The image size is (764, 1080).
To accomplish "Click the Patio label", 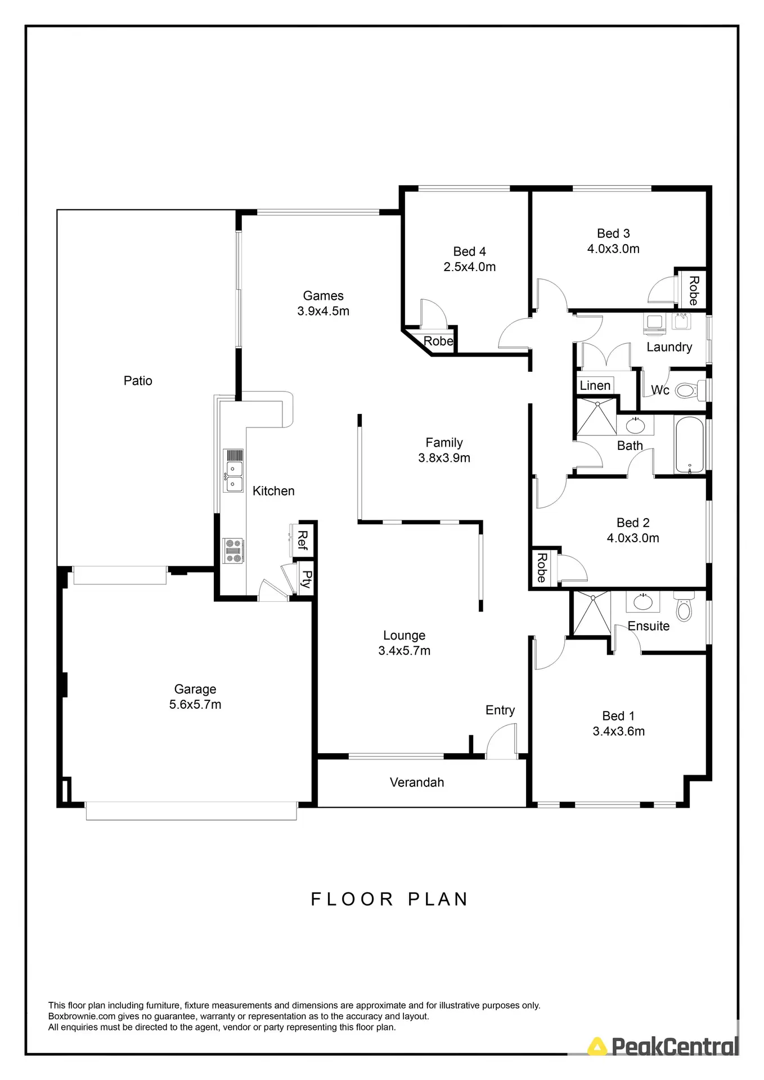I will (138, 381).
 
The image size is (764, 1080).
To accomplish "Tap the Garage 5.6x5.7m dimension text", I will (195, 704).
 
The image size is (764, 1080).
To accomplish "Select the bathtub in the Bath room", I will (689, 445).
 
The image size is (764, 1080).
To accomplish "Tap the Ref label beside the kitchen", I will (303, 540).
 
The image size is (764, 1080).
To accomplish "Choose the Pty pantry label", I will (306, 579).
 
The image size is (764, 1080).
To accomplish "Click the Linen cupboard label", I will (595, 386).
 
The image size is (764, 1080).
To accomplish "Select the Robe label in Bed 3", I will (694, 290).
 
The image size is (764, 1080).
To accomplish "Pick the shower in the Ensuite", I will (591, 613).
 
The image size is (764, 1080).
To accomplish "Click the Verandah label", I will (417, 782).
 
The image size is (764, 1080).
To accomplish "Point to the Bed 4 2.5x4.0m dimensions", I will (470, 267).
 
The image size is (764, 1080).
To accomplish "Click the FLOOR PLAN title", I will (389, 899).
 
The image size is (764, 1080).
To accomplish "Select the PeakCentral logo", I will (664, 1047).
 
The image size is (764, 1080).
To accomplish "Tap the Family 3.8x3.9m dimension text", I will (444, 458).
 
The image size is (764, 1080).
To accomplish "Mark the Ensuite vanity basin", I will (642, 602).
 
